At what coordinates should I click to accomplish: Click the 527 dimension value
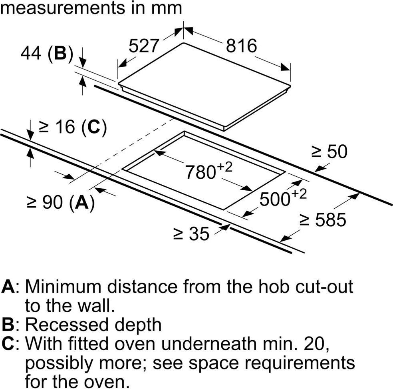tap(144, 46)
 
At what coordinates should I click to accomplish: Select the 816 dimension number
tap(241, 46)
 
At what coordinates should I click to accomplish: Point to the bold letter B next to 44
tap(60, 53)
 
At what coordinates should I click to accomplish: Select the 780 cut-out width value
tap(200, 172)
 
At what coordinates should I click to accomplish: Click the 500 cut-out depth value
tap(275, 199)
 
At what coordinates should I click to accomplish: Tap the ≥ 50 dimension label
tap(329, 152)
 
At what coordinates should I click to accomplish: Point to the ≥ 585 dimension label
tap(323, 219)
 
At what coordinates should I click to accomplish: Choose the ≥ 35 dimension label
tap(191, 233)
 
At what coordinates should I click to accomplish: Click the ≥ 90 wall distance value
tap(45, 202)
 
